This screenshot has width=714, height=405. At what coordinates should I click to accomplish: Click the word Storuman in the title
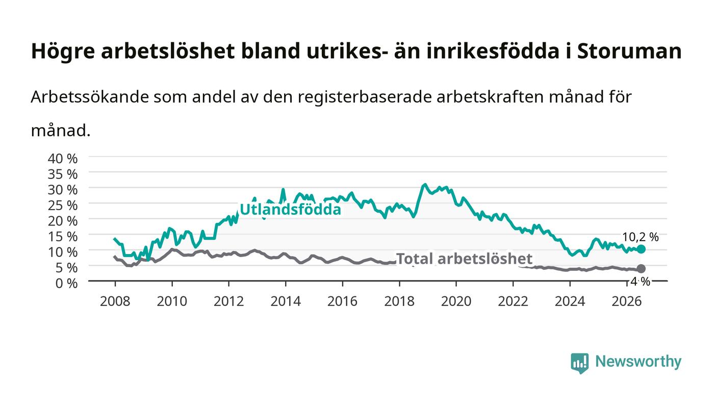pyautogui.click(x=629, y=51)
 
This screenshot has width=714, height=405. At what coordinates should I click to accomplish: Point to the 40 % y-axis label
pyautogui.click(x=63, y=159)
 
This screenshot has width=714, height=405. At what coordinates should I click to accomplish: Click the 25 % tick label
pyautogui.click(x=63, y=206)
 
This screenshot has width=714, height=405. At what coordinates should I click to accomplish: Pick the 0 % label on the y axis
pyautogui.click(x=67, y=283)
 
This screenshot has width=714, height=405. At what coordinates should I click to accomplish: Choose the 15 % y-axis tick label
pyautogui.click(x=63, y=237)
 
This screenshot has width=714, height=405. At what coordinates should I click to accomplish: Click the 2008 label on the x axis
pyautogui.click(x=115, y=301)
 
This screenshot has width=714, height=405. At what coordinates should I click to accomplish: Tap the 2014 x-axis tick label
pyautogui.click(x=286, y=301)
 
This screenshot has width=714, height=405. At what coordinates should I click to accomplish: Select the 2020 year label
pyautogui.click(x=456, y=301)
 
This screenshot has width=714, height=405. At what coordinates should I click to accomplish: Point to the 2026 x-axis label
pyautogui.click(x=627, y=301)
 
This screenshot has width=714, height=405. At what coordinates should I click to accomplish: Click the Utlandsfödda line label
pyautogui.click(x=290, y=210)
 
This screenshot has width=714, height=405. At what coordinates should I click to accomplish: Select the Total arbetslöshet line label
pyautogui.click(x=464, y=259)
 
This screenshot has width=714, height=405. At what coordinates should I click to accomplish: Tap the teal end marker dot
pyautogui.click(x=641, y=249)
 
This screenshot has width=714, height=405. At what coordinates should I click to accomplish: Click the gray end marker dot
pyautogui.click(x=641, y=268)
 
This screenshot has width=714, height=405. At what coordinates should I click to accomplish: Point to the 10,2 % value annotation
pyautogui.click(x=641, y=237)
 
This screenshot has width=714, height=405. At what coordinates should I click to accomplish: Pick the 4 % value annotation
pyautogui.click(x=641, y=282)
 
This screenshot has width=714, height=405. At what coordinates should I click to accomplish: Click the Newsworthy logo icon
pyautogui.click(x=580, y=363)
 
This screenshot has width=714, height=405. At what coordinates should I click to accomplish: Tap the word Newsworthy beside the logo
pyautogui.click(x=639, y=362)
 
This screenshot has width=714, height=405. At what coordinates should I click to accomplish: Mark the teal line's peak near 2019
pyautogui.click(x=424, y=185)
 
